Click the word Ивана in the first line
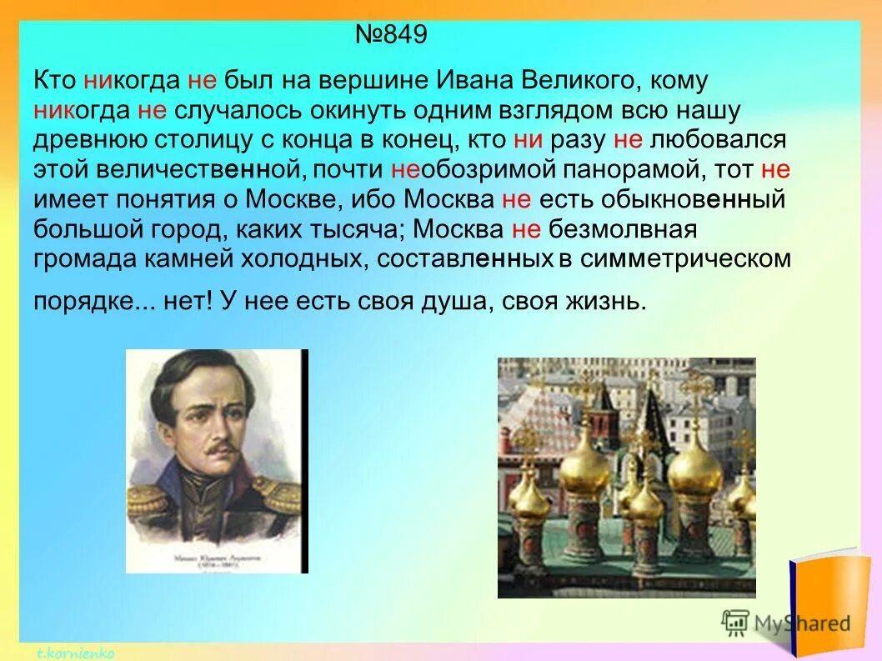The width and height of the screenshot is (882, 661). (475, 81)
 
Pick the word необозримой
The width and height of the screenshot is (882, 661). (461, 170)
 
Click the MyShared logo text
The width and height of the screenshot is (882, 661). (802, 623)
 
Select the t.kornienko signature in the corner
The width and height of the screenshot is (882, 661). (75, 653)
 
